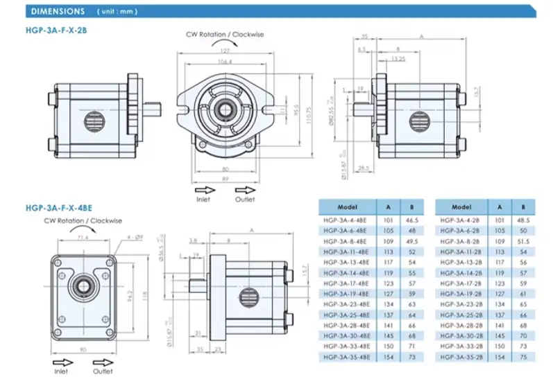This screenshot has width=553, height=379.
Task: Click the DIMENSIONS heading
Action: point(58,12)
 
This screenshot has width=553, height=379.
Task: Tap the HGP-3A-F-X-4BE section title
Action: point(58,206)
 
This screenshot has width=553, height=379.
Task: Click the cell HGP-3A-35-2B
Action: point(461,356)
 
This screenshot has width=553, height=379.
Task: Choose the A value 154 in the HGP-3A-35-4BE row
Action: point(387,356)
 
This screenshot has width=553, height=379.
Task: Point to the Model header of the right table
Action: point(461,206)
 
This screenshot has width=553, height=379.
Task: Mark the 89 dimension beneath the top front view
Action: point(226,178)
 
